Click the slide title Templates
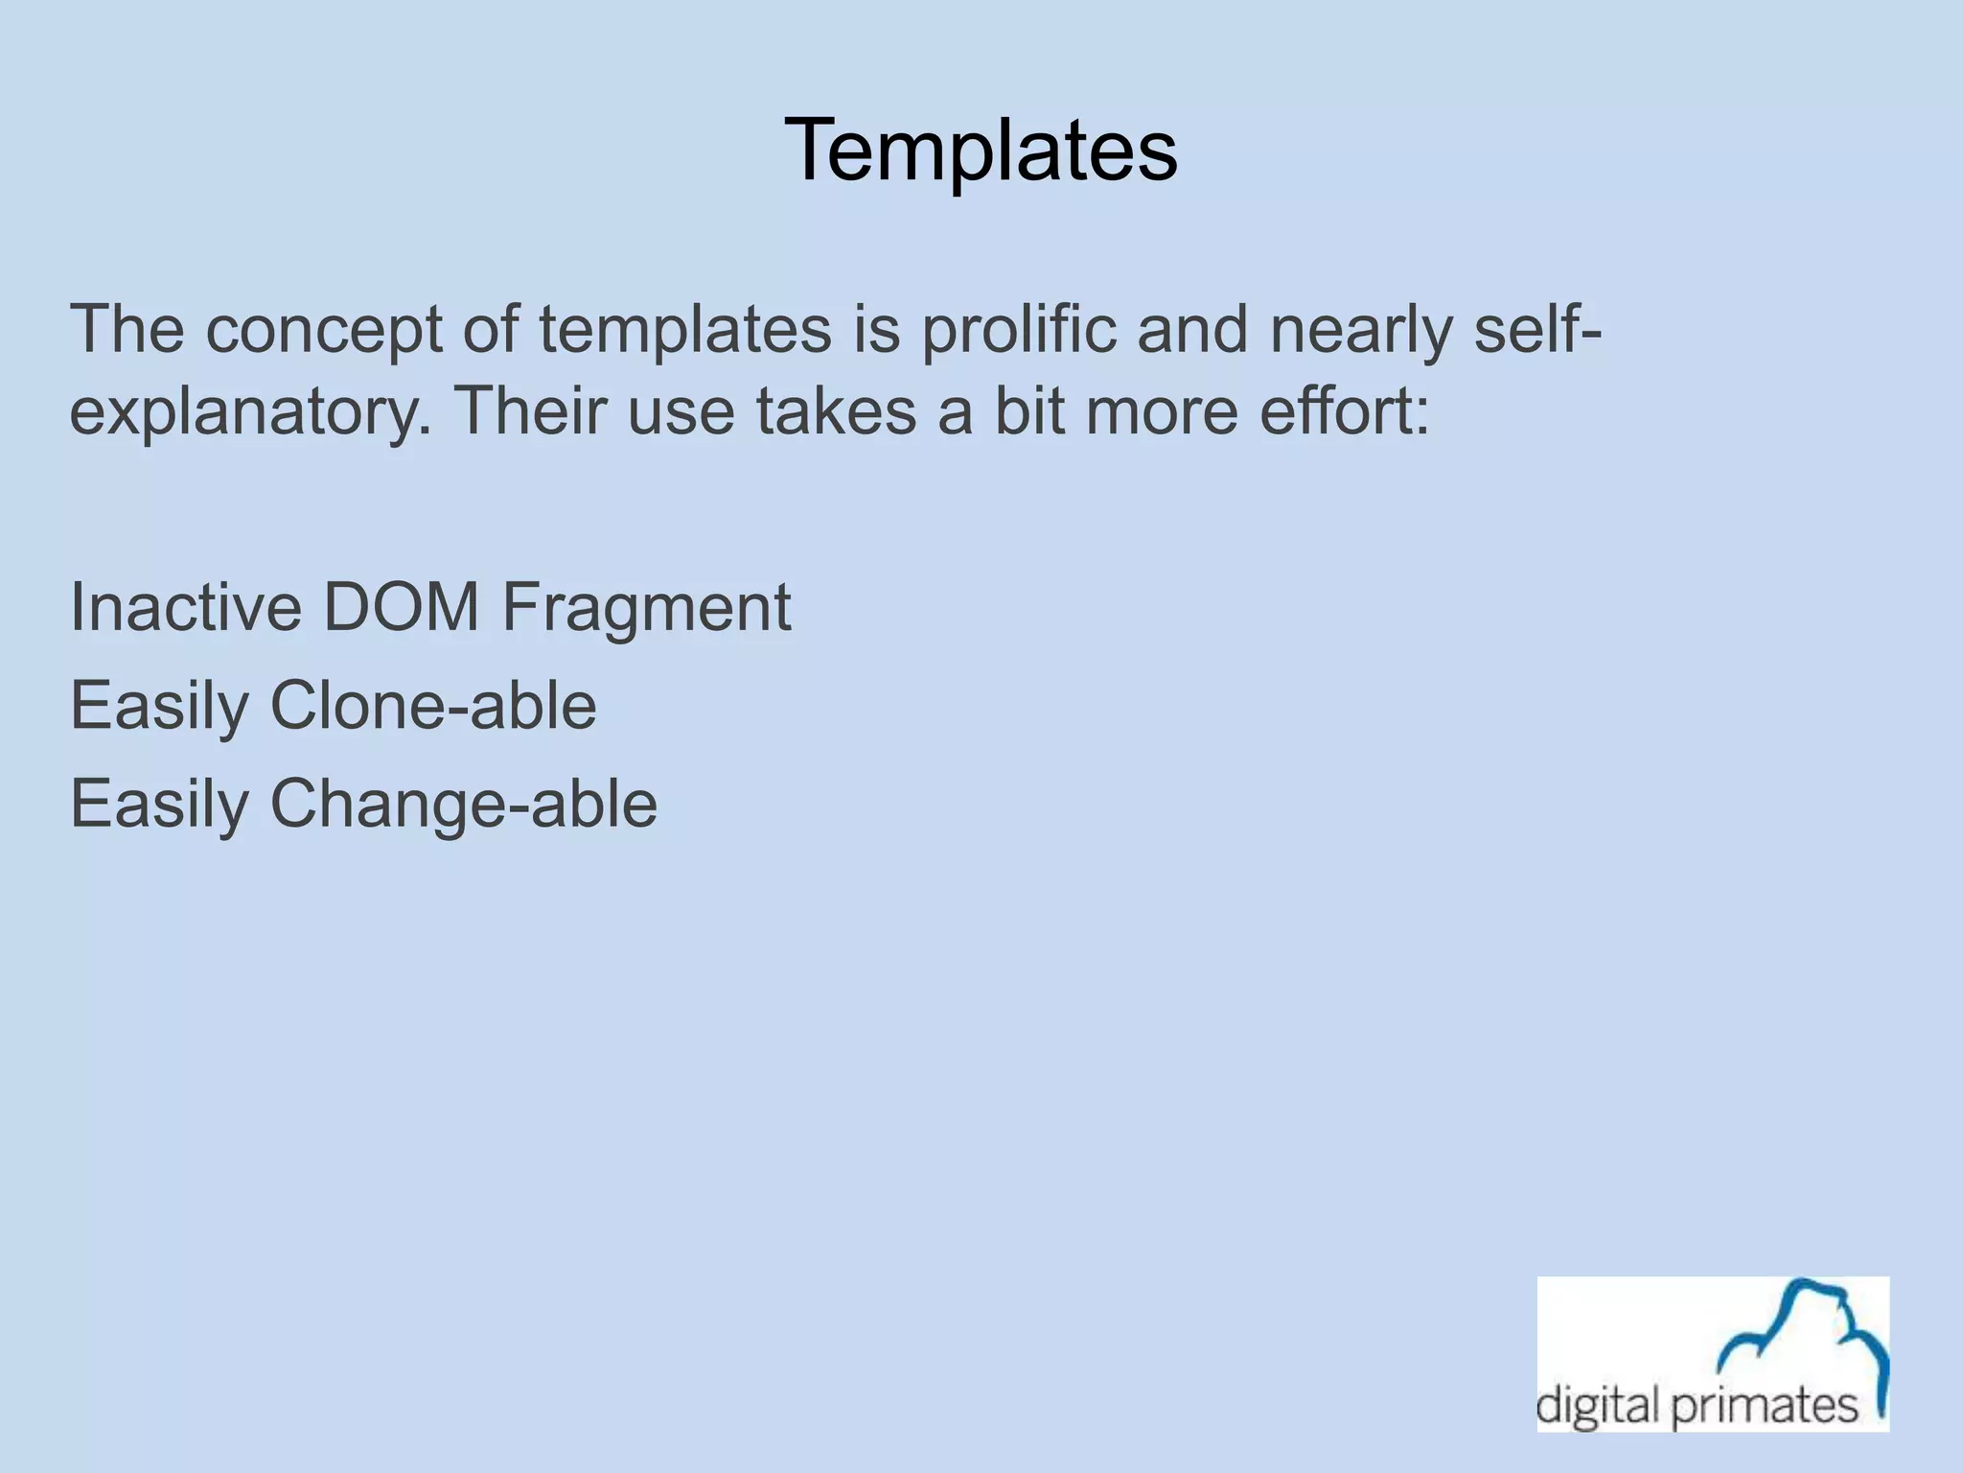pyautogui.click(x=981, y=150)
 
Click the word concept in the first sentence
pyautogui.click(x=325, y=329)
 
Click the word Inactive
pyautogui.click(x=185, y=607)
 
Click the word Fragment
pyautogui.click(x=646, y=609)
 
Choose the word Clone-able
pyautogui.click(x=433, y=706)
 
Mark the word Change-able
pyautogui.click(x=464, y=804)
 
